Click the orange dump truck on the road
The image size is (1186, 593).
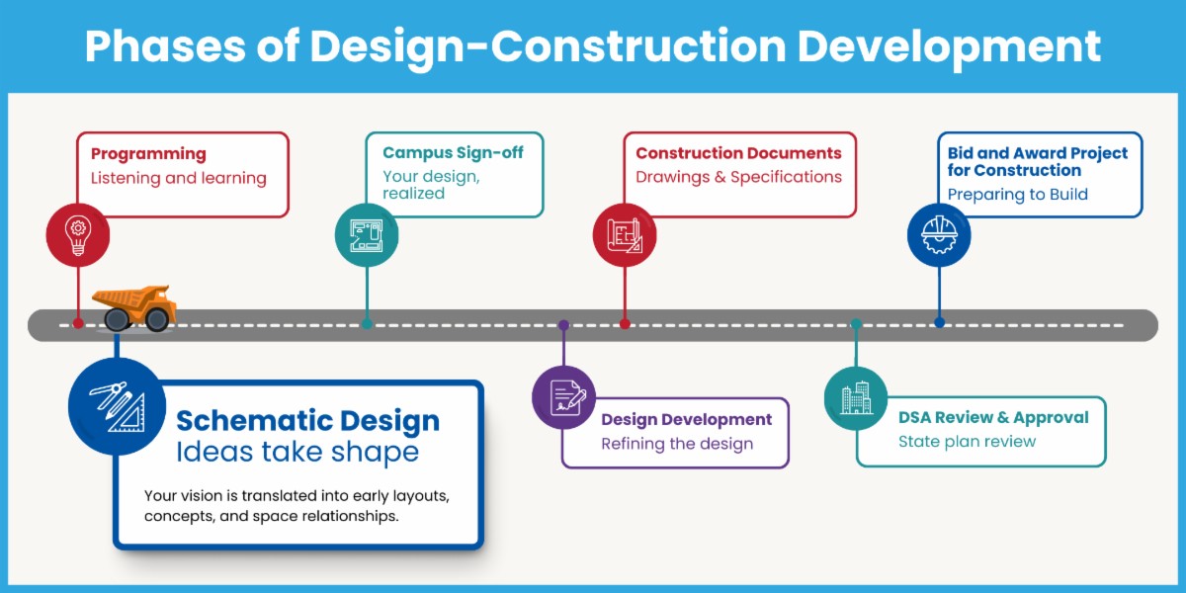click(135, 306)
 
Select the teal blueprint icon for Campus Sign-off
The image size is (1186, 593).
click(367, 235)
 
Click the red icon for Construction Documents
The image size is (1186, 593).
click(624, 235)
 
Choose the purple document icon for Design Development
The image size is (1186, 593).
click(563, 396)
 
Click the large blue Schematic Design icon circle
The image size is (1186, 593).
click(117, 405)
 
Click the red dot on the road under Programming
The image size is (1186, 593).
click(78, 323)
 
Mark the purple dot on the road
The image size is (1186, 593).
click(563, 324)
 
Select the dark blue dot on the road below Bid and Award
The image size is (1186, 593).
click(939, 322)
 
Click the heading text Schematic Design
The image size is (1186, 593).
click(307, 420)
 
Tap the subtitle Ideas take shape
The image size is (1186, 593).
click(296, 452)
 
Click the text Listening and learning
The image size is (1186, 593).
click(179, 178)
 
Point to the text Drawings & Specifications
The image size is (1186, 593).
click(738, 177)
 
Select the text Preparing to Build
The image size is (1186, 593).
click(1017, 194)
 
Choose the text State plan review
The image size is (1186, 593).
click(967, 441)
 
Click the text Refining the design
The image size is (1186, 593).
click(677, 444)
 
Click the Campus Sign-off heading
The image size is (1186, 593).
click(453, 152)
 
